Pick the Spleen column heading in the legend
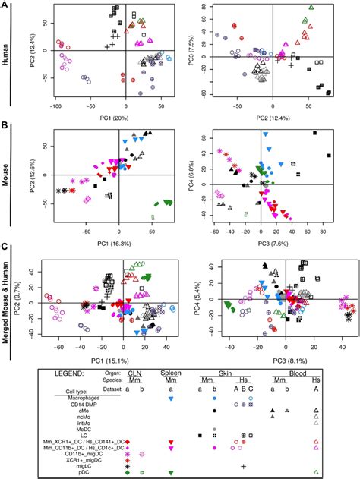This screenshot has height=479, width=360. (171, 373)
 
